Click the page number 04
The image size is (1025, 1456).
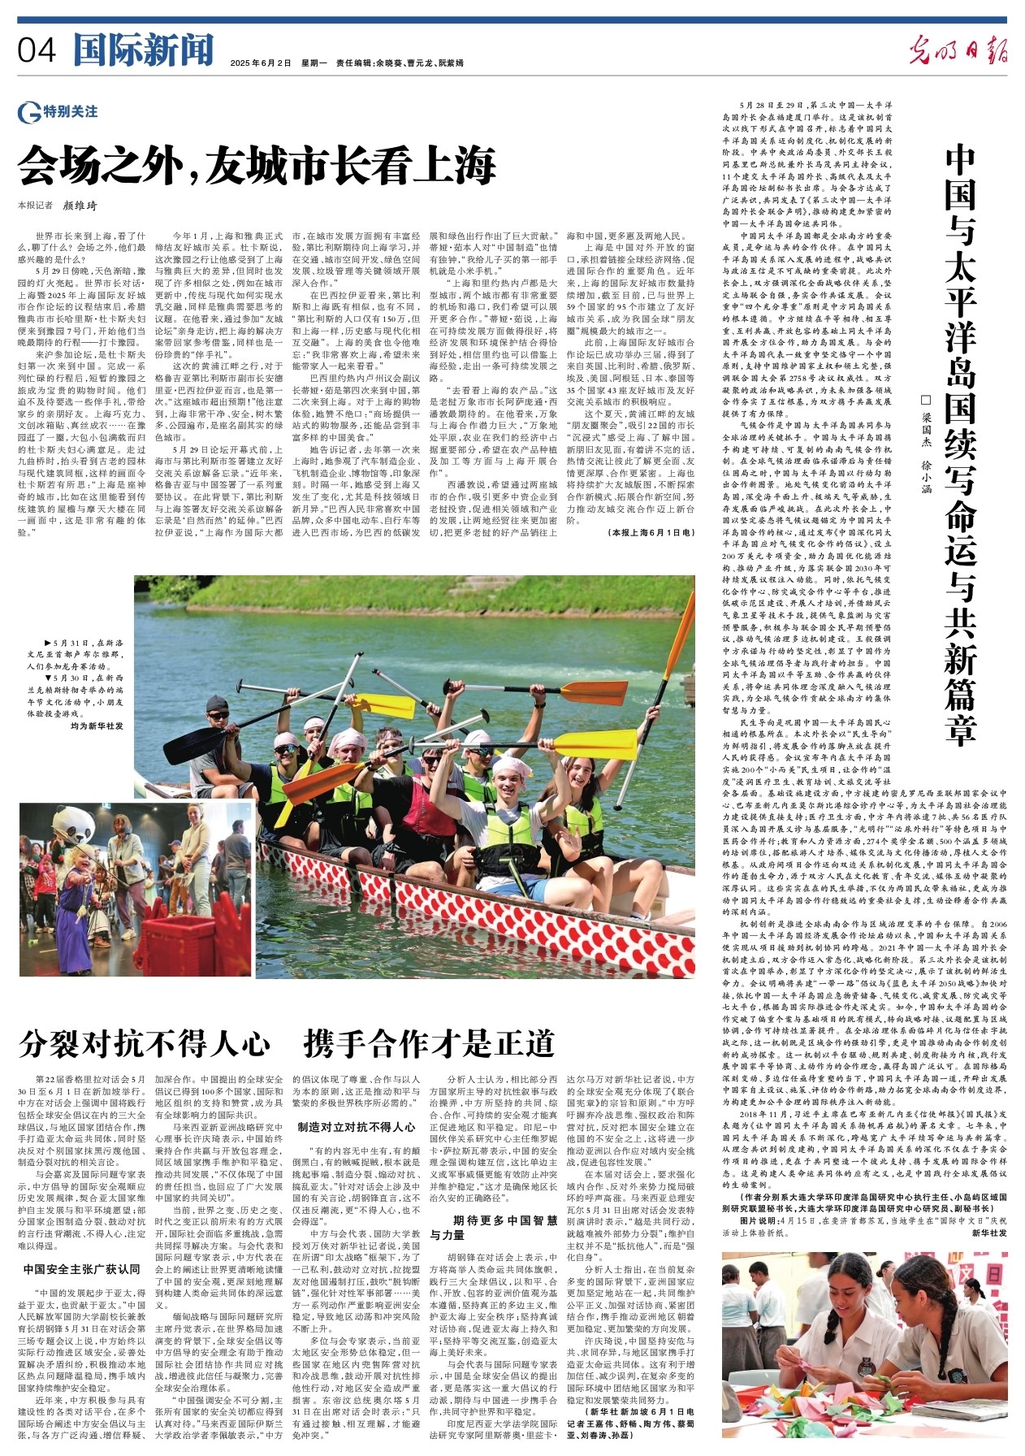[37, 51]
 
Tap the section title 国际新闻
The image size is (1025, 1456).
[143, 50]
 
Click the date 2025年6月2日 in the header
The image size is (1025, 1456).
[260, 63]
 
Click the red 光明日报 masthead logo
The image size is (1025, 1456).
[958, 50]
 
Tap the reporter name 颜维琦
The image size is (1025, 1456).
[80, 206]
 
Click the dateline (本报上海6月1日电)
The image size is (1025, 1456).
[651, 532]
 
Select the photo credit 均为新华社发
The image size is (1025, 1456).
[97, 726]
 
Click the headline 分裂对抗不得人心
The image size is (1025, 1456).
[145, 1043]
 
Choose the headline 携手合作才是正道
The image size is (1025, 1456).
[429, 1043]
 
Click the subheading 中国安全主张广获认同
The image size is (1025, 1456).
[81, 1268]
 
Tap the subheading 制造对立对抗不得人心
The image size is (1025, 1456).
[357, 1127]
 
